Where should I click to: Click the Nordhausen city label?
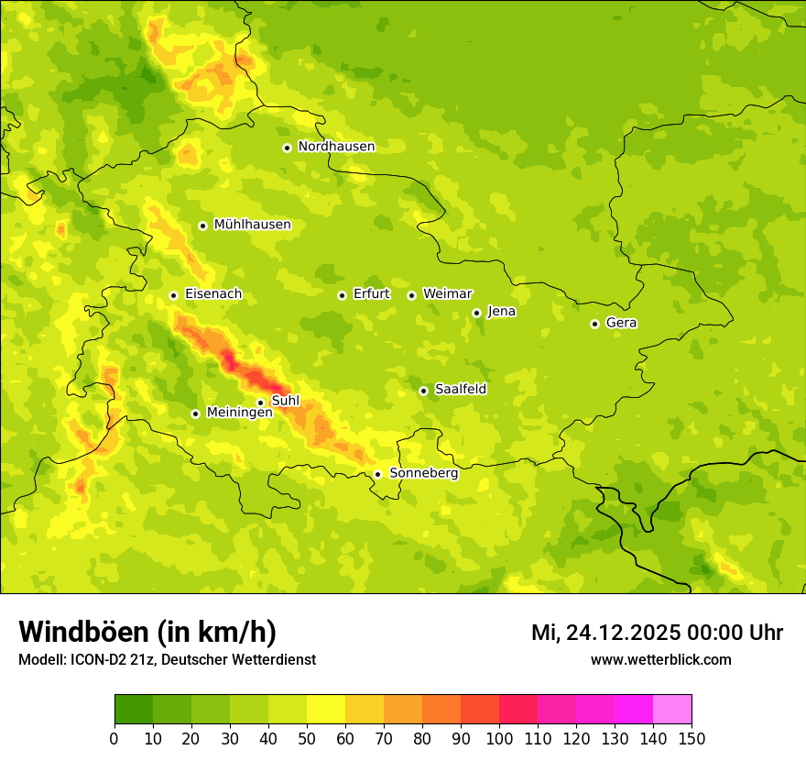[336, 147]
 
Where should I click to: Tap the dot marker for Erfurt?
[342, 295]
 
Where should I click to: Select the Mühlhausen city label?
[252, 225]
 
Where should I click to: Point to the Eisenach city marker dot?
[173, 295]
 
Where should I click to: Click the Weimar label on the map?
[447, 294]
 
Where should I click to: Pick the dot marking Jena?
[476, 313]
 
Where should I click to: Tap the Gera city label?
[621, 323]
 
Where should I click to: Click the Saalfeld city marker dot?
[423, 391]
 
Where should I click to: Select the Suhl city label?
[286, 401]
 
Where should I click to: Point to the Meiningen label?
[239, 413]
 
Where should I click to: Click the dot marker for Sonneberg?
[377, 474]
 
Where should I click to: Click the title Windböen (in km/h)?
[147, 632]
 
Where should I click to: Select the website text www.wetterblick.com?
[660, 659]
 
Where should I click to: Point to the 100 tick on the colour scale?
[499, 738]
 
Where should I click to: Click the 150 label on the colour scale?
[692, 738]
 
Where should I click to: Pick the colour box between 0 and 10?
[134, 710]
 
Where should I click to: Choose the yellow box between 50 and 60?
[326, 710]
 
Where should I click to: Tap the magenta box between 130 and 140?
[634, 710]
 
